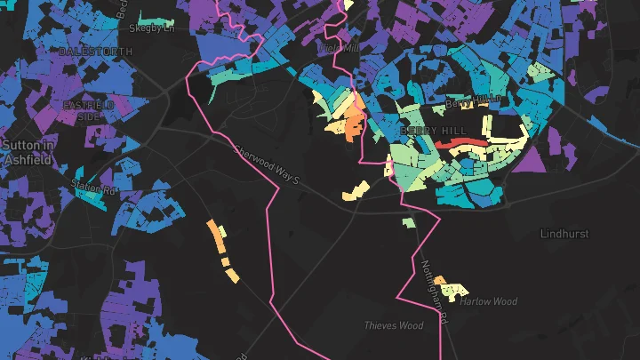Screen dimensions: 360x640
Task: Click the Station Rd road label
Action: (94, 188)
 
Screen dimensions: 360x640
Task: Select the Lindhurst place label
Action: (564, 234)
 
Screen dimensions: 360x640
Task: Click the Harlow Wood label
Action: (488, 301)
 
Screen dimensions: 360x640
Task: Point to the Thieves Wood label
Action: (393, 325)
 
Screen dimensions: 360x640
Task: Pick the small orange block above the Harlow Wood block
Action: (439, 280)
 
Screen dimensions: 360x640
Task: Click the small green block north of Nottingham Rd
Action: (408, 222)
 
